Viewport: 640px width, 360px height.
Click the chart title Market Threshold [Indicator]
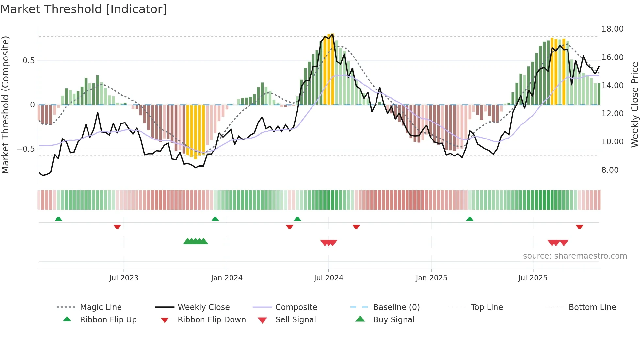coord(84,9)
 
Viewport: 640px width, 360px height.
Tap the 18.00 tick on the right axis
coord(612,29)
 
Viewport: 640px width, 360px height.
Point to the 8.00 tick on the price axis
coord(610,170)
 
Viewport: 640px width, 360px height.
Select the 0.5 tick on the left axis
coord(29,61)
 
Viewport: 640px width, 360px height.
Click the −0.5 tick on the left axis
coord(26,149)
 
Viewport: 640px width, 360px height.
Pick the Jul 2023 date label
coord(124,278)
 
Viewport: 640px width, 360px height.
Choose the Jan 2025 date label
coord(431,278)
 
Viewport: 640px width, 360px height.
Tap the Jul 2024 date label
coord(328,278)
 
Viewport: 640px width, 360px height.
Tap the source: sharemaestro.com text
coord(575,256)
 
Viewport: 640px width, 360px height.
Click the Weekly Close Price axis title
coord(634,105)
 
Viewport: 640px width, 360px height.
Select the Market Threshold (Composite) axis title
coord(5,105)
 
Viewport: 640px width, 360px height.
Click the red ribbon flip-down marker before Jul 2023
coord(117,227)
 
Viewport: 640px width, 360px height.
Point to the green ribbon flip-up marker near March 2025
coord(470,219)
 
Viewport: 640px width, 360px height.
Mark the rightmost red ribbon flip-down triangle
coord(579,227)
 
